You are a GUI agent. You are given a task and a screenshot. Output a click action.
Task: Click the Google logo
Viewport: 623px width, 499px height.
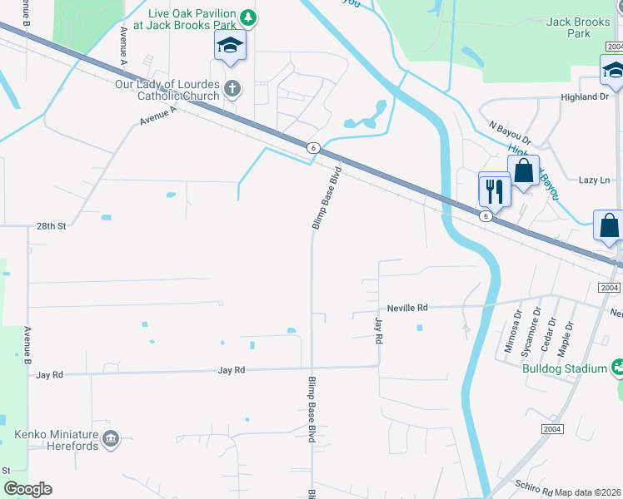click(x=28, y=489)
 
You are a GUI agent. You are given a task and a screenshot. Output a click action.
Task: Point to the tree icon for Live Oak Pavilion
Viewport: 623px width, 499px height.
click(x=247, y=17)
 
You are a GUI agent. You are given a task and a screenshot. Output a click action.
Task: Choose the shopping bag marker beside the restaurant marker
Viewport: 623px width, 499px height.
click(x=524, y=172)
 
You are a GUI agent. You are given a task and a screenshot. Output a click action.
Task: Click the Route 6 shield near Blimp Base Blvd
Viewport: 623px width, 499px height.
click(x=313, y=147)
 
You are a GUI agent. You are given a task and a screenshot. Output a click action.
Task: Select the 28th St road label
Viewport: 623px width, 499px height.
click(x=51, y=225)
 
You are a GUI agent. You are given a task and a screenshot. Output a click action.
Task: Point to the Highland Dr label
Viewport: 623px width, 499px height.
click(x=586, y=97)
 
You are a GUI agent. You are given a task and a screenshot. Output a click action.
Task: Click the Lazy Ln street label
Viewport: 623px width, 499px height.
click(x=594, y=180)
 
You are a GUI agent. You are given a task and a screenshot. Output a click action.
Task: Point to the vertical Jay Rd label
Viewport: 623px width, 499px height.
click(x=378, y=331)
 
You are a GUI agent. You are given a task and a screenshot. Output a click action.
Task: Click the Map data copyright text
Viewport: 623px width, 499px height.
click(x=588, y=492)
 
